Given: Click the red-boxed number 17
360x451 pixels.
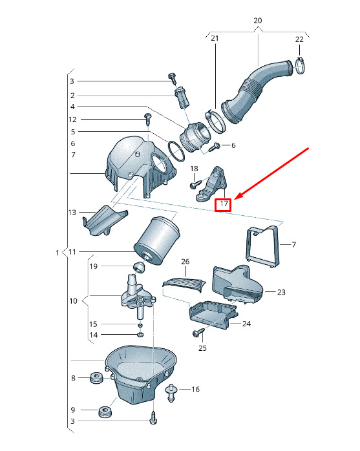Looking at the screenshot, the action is pos(224,204).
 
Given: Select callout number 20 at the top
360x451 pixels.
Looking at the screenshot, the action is pos(257,21).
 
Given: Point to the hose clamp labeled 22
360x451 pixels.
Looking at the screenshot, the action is pos(300,66).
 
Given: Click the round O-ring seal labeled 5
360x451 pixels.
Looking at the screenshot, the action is pos(176,152).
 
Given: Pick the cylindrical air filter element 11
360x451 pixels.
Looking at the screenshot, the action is pos(157,241).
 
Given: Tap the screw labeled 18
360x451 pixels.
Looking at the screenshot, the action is pos(196,184).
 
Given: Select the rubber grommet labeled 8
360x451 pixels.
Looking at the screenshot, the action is pos(96,377).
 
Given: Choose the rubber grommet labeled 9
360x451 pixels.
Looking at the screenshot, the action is pos(105,412).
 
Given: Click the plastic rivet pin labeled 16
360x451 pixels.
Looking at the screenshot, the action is pos(171,392).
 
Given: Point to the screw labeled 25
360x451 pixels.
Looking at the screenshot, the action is pos(198,332).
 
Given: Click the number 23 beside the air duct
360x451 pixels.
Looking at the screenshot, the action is pos(281,292).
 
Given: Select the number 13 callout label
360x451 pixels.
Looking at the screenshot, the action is pos(72,213).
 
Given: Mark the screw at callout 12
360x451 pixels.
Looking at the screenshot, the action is pos(148,120).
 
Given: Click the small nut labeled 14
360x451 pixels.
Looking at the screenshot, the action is pos(140,335).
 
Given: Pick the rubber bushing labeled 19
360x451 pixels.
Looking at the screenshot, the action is pos(139,267).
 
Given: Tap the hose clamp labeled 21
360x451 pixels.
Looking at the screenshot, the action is pos(215,120).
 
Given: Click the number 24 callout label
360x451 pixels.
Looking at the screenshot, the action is pos(247,324).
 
